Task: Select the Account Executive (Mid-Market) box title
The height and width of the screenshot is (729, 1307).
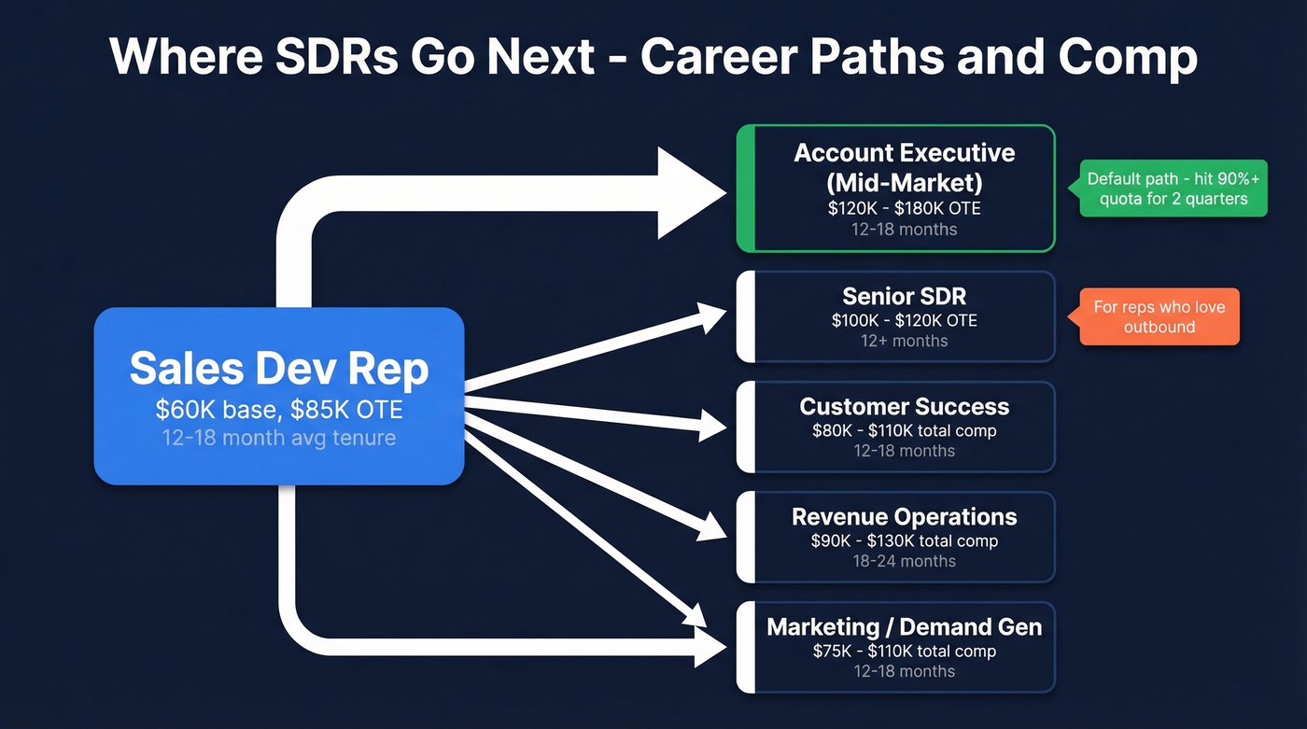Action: (x=904, y=166)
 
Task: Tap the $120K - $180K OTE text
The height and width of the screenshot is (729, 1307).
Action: (x=904, y=208)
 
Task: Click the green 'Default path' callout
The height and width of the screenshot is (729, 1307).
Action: (x=1173, y=188)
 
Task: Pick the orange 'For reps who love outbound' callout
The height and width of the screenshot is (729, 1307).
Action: (x=1159, y=316)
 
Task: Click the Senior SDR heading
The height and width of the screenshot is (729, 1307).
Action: (x=904, y=296)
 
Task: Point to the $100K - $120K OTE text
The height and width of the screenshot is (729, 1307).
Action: (x=904, y=320)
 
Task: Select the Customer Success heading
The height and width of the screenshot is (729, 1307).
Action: (x=904, y=406)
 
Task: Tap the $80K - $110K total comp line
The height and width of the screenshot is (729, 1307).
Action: (x=904, y=430)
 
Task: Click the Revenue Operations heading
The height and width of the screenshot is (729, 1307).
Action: (x=904, y=516)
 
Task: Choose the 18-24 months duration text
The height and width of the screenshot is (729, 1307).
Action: (x=904, y=561)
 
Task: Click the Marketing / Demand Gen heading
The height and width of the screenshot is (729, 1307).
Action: (x=904, y=626)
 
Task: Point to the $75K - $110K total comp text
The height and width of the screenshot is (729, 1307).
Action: (x=904, y=651)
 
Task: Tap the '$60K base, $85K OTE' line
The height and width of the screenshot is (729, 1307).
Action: (x=278, y=409)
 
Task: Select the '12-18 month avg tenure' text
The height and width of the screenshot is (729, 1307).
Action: (x=278, y=437)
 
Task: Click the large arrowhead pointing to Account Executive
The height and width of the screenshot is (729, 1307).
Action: (x=691, y=193)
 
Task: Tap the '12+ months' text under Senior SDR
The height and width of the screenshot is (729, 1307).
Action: (x=904, y=341)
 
